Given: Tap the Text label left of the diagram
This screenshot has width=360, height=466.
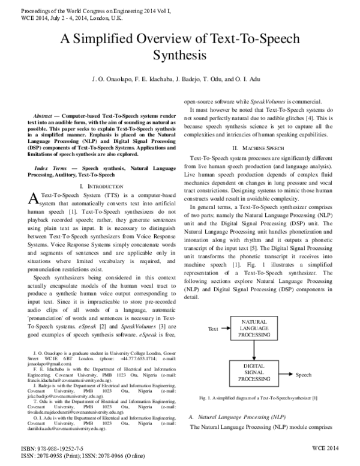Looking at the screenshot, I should point(212,329).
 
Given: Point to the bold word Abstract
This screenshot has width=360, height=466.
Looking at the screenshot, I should point(47,115).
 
